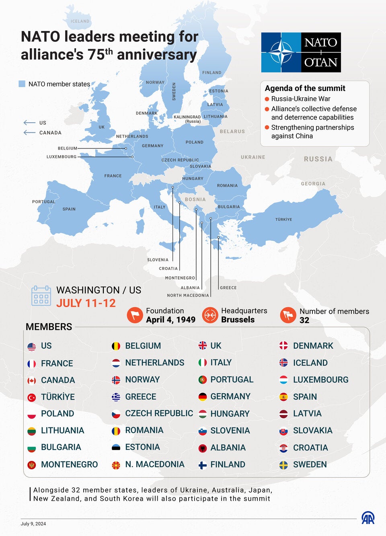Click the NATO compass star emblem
(x=281, y=53)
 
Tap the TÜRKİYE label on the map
(x=283, y=220)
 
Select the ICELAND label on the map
(x=80, y=21)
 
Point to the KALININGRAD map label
(x=187, y=117)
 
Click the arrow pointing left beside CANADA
(x=29, y=133)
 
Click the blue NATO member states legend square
(x=22, y=84)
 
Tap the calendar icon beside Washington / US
(x=41, y=296)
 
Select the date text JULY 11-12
(x=86, y=303)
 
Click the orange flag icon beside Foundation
(x=135, y=315)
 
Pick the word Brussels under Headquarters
(x=238, y=320)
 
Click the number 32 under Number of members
(x=304, y=320)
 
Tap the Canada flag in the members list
(x=32, y=380)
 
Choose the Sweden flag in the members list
(x=283, y=465)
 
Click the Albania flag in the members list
(x=203, y=448)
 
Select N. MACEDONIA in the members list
(x=154, y=464)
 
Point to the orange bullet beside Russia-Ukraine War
(x=267, y=99)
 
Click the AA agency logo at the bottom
(x=368, y=518)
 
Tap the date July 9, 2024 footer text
(x=33, y=524)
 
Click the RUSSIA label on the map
(x=318, y=159)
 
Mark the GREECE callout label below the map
(x=228, y=288)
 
